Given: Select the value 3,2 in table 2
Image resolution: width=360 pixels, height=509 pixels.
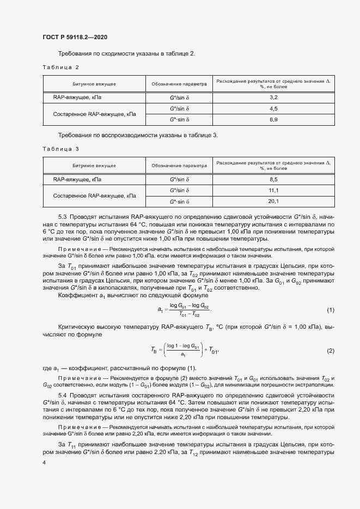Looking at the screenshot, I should (273, 97).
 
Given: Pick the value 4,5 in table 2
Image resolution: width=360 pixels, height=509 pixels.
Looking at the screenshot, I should (273, 109).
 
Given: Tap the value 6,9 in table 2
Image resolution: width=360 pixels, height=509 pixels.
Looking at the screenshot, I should (273, 120).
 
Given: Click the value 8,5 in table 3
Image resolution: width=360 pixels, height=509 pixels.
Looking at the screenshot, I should (273, 179).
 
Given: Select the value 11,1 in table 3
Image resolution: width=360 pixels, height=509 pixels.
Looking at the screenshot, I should (273, 191).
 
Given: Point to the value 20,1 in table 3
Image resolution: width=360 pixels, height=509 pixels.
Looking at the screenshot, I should (273, 201).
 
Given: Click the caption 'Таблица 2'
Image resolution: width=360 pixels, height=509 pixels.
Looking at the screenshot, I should (61, 67).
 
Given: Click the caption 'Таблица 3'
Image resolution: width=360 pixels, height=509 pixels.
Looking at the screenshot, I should (61, 149).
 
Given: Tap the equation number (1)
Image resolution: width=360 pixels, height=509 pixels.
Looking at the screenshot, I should (330, 310).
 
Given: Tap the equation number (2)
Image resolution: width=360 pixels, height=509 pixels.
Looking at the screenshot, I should (330, 351).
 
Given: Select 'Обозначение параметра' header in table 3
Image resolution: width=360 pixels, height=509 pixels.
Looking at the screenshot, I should (179, 165).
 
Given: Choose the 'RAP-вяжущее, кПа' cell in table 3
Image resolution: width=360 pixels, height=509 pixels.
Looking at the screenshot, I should (77, 179).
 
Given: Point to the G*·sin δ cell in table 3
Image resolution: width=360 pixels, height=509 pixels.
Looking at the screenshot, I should (179, 201).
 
